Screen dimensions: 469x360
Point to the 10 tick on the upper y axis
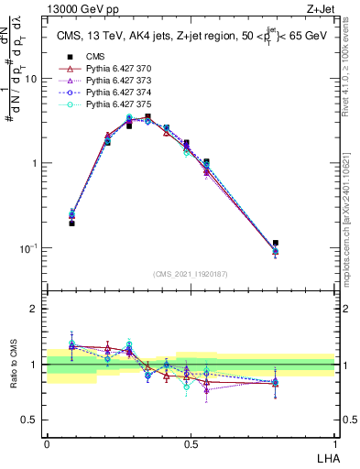31,79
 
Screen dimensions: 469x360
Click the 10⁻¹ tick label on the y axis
28,247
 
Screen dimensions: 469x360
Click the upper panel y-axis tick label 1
35,163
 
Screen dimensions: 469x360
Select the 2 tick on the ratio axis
35,309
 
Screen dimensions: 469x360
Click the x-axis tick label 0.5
191,442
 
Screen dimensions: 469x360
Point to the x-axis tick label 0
47,442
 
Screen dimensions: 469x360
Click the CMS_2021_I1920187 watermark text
190,273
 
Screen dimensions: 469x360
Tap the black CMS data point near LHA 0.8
276,243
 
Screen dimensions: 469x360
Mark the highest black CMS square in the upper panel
147,116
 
